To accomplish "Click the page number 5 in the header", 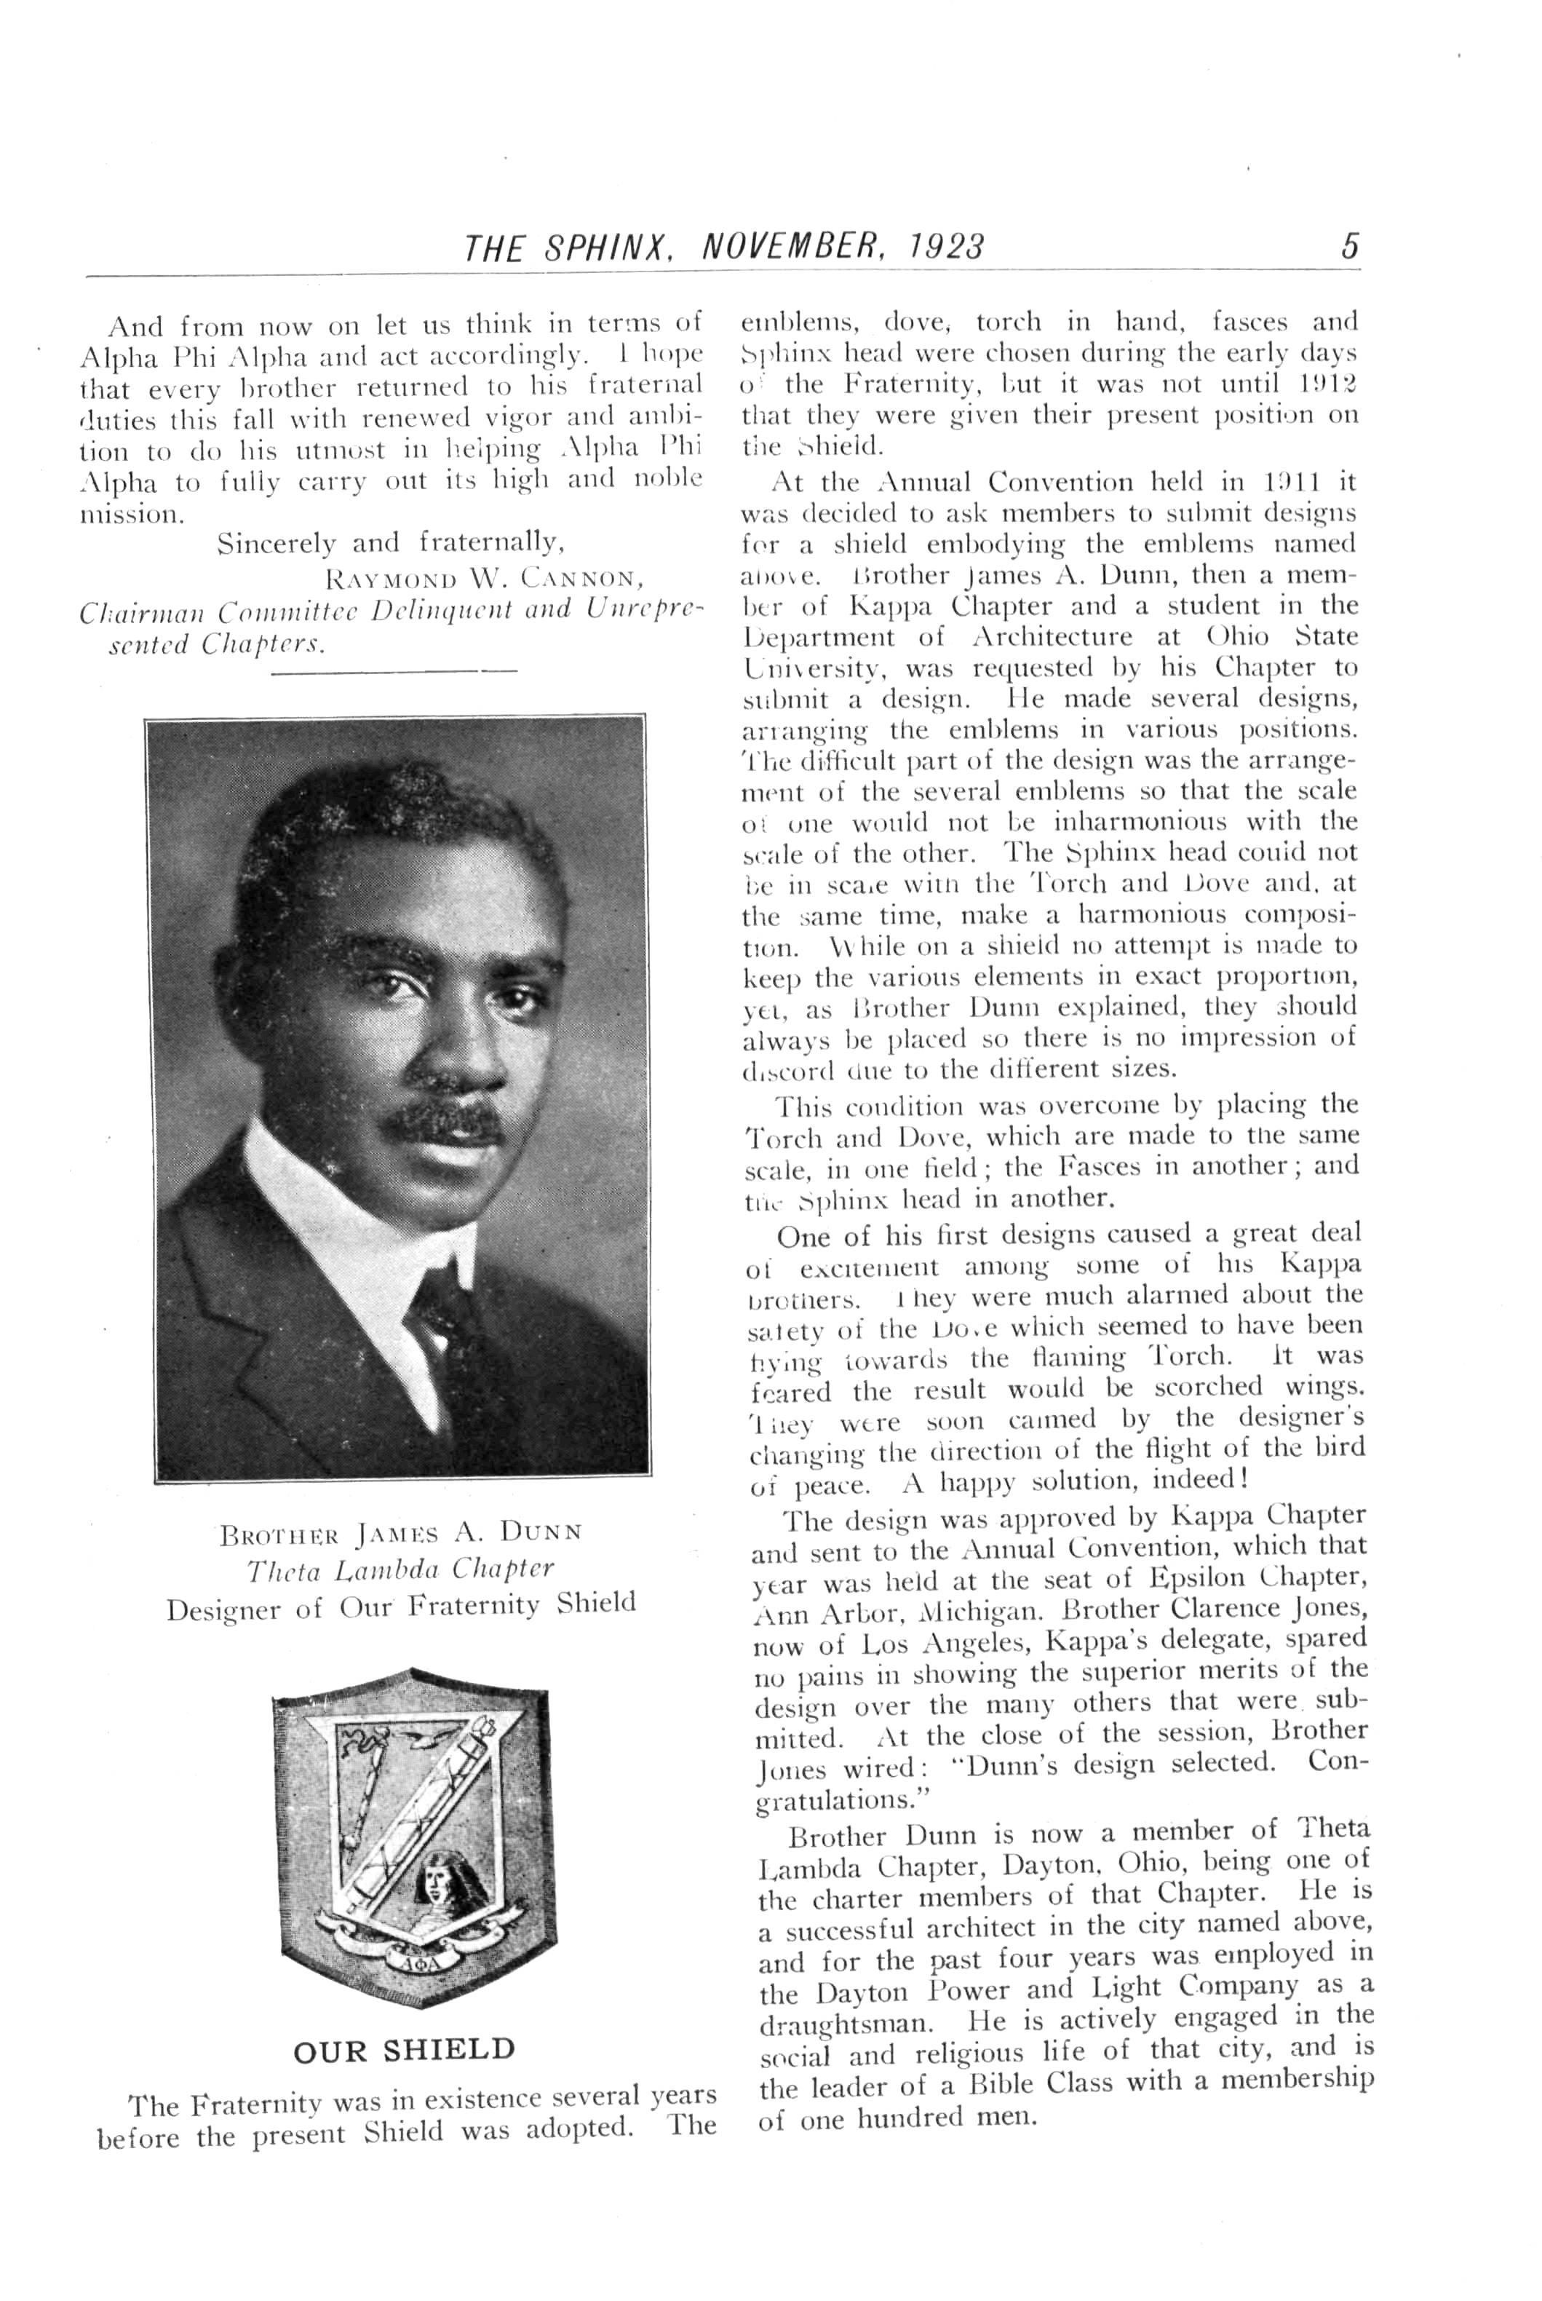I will [x=1349, y=245].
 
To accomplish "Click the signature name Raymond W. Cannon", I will [x=489, y=577].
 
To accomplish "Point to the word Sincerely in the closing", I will [x=274, y=543].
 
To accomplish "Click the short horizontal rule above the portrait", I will [x=394, y=672].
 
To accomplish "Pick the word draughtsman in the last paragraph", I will [x=844, y=2024].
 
